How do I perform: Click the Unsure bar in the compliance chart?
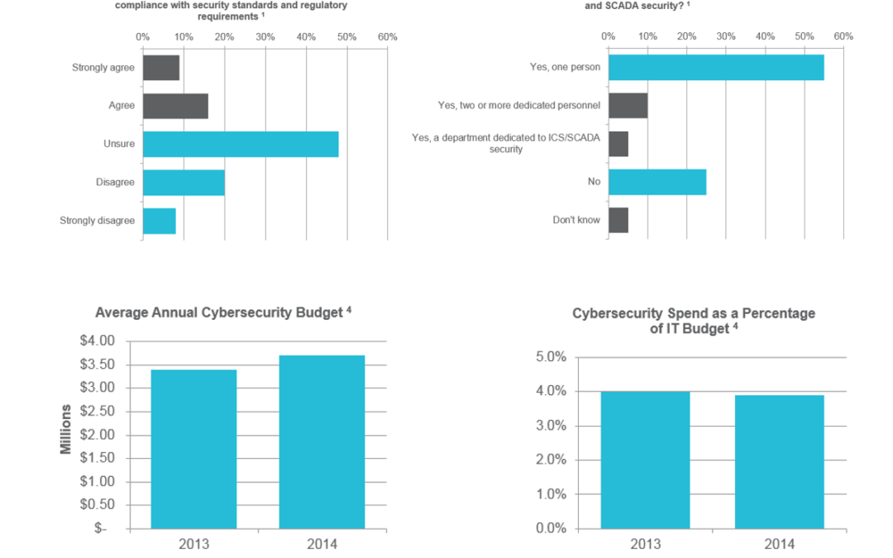[241, 145]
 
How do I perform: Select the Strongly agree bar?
[161, 68]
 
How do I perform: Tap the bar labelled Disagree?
[184, 183]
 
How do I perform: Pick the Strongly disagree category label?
[97, 221]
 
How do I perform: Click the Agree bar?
[175, 106]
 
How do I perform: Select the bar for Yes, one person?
[716, 68]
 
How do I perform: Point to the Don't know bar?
[618, 220]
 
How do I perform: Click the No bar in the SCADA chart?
[657, 182]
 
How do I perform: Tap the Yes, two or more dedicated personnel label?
[518, 106]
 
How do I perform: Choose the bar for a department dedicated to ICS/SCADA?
[618, 144]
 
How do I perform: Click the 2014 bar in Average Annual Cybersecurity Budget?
[322, 442]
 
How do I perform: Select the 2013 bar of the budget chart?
[193, 449]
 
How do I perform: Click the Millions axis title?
[67, 429]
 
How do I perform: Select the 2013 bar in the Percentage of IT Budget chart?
[645, 460]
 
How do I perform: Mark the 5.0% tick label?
[551, 357]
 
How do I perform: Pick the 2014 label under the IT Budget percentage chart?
[779, 544]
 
